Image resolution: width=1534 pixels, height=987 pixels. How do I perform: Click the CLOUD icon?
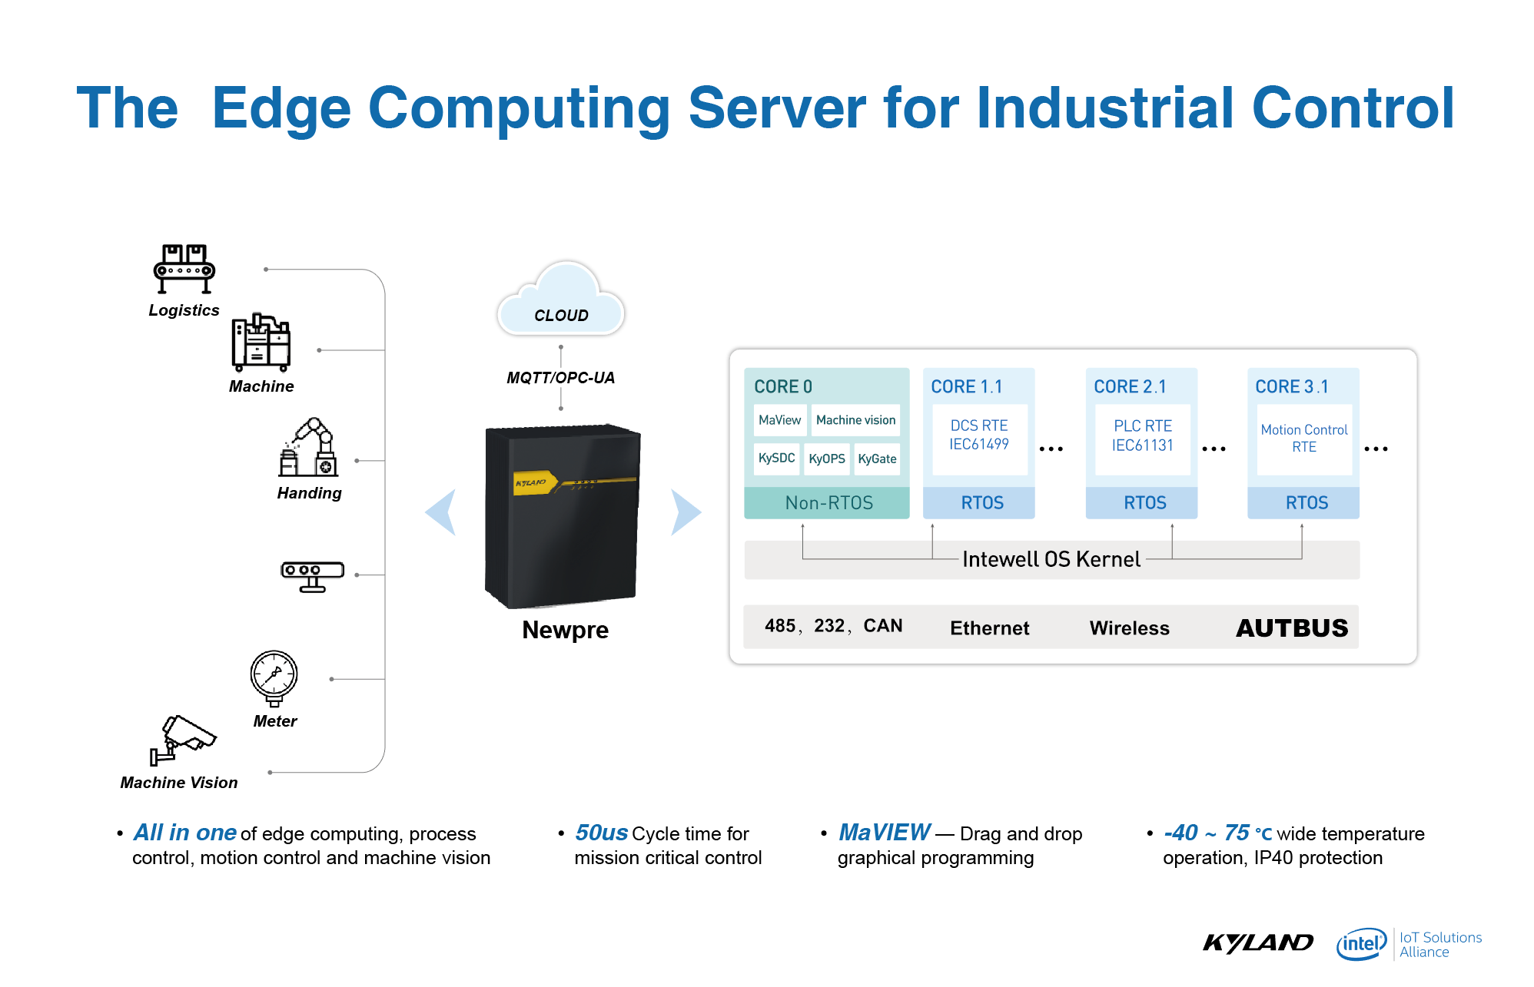click(561, 300)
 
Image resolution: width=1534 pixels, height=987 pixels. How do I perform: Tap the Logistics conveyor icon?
click(184, 269)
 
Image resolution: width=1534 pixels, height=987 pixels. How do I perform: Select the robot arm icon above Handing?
click(308, 447)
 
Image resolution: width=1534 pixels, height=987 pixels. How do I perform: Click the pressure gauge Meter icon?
click(274, 678)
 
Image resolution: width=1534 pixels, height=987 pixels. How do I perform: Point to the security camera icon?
click(183, 739)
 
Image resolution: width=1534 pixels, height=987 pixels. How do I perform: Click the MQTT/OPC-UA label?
click(561, 378)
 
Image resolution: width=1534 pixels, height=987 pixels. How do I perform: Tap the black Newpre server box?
click(563, 515)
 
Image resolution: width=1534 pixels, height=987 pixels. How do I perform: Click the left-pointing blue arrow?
click(441, 512)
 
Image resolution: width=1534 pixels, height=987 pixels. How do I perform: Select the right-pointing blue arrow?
click(686, 512)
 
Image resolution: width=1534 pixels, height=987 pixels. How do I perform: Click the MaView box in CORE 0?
click(780, 420)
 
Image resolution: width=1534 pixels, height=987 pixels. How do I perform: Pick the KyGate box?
click(877, 459)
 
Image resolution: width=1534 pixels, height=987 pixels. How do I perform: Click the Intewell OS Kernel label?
click(1051, 559)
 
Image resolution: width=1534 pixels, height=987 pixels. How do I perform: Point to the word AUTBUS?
click(1292, 628)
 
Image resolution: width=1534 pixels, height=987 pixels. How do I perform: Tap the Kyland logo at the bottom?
click(1258, 942)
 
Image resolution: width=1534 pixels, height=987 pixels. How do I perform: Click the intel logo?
click(1361, 943)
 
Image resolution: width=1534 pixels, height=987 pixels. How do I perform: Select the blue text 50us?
click(602, 833)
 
